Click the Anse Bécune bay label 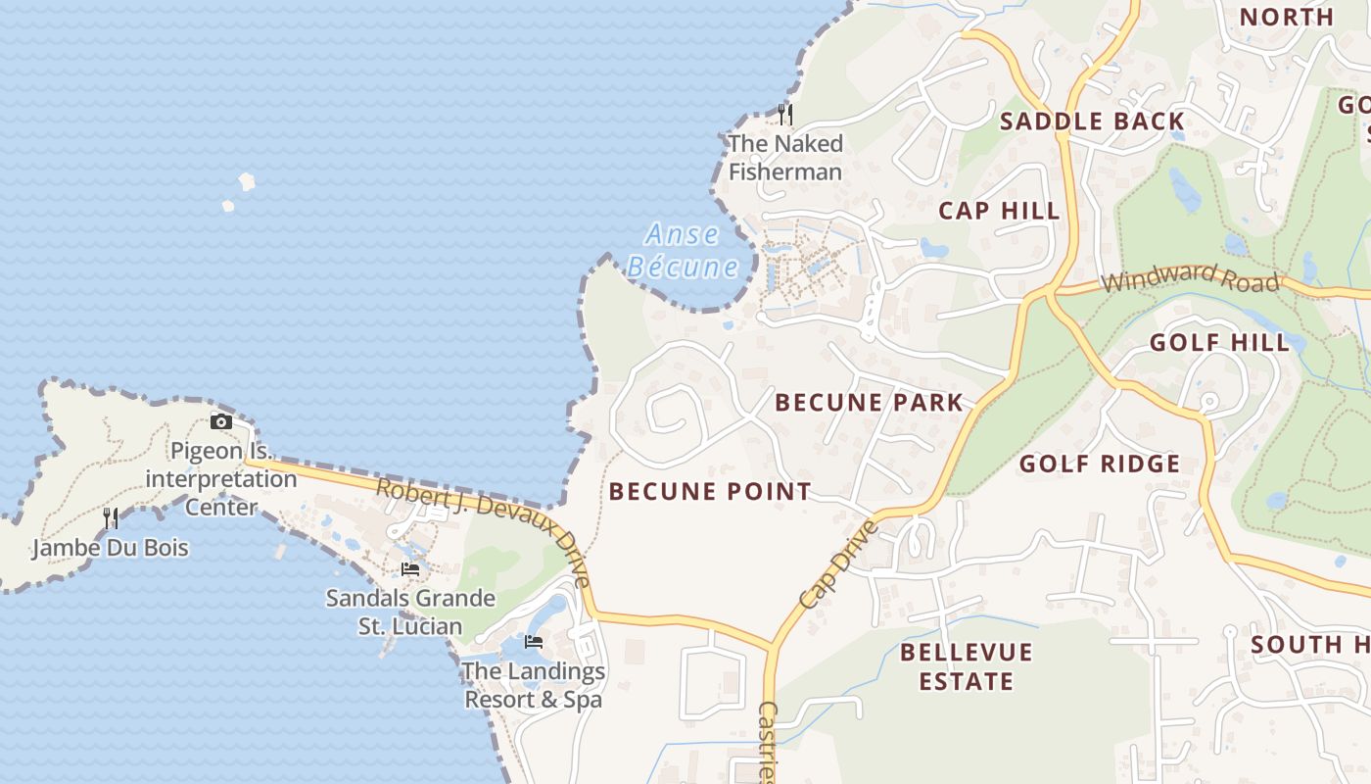(x=683, y=251)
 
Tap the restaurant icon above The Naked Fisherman (x=784, y=115)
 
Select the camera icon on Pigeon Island (x=221, y=421)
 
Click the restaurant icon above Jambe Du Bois (x=111, y=517)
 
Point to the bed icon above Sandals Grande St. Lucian (x=410, y=568)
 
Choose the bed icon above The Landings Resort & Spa (x=534, y=642)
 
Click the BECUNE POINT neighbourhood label (x=710, y=491)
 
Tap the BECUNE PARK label (x=870, y=402)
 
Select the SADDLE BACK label (x=1092, y=122)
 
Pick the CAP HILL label (x=999, y=211)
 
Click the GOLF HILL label (x=1219, y=342)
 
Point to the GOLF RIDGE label (x=1100, y=464)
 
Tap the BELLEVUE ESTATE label (x=967, y=666)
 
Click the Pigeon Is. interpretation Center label (x=221, y=479)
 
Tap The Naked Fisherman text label (x=785, y=158)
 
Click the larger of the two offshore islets (x=247, y=181)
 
